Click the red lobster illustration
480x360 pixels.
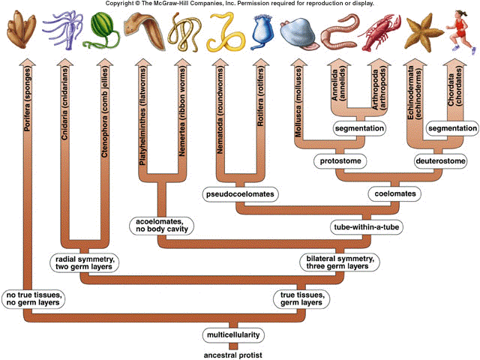point(379,33)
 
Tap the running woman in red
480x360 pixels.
point(460,31)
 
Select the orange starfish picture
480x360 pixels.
point(424,33)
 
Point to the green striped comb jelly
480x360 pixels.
point(102,31)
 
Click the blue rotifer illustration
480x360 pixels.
point(262,32)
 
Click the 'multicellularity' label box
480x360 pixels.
point(233,335)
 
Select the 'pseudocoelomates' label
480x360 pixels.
point(240,194)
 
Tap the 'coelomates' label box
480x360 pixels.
point(395,193)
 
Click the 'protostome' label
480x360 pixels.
point(340,161)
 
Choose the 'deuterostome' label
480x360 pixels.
point(441,161)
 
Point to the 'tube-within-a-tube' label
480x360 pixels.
point(367,227)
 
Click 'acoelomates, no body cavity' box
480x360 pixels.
point(162,225)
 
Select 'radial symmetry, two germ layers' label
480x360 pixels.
point(85,263)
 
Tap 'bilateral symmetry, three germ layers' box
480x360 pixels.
point(340,262)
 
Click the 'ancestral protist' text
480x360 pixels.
point(233,355)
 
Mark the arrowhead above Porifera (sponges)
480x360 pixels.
point(28,62)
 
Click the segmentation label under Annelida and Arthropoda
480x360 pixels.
point(359,128)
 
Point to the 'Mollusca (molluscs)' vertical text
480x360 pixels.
point(298,102)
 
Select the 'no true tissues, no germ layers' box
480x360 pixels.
point(33,299)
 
